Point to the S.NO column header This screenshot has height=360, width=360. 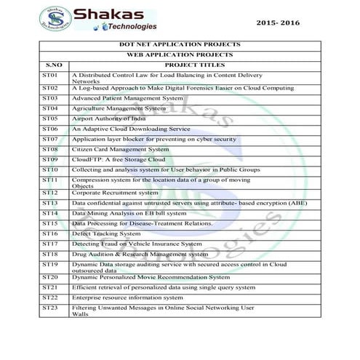pos(53,65)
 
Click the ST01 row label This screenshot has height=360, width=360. pos(49,75)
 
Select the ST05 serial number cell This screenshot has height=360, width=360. pos(49,117)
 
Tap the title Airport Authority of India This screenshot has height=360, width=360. pos(109,118)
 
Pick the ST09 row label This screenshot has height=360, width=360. pos(49,159)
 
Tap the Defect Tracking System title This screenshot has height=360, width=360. pos(107,234)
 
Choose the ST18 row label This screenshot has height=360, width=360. pos(49,254)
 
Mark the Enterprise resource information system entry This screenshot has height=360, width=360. pos(127,297)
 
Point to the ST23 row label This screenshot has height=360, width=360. pos(49,307)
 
